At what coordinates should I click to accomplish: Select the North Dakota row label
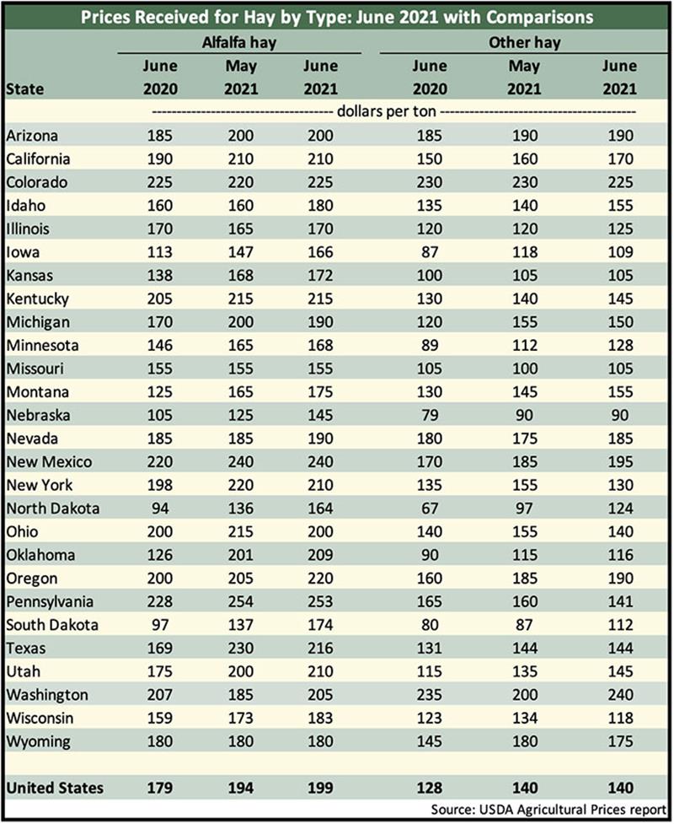tap(52, 509)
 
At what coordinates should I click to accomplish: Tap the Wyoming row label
tap(37, 741)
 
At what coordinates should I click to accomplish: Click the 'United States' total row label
tap(55, 788)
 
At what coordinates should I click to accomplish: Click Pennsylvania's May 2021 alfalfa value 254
tap(240, 601)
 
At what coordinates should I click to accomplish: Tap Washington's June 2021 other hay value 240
tap(619, 695)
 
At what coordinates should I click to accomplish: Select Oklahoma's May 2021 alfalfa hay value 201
tap(240, 555)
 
